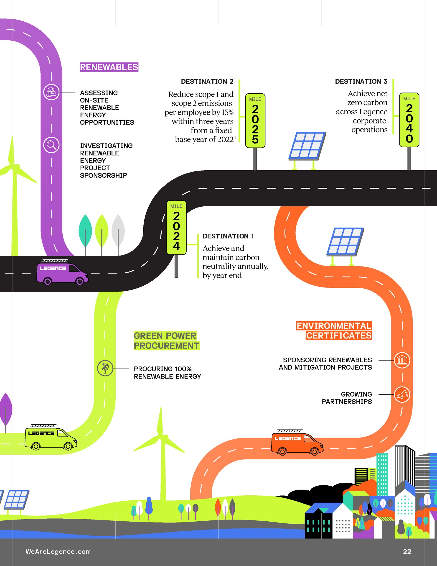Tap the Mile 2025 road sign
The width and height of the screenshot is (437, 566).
coord(255,121)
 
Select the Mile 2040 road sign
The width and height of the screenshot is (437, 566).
coord(409,120)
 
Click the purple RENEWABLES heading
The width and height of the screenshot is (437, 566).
coord(109,67)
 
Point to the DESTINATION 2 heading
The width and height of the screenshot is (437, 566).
coord(207,81)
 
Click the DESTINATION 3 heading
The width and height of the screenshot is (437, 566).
coord(361,81)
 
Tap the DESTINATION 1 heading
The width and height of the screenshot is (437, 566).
coord(228,236)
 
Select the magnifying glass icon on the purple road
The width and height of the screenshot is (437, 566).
coord(51,145)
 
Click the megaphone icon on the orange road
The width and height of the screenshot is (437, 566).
coord(402,394)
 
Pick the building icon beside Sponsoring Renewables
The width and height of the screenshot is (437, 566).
coord(402,360)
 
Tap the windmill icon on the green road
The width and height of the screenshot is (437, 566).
coord(105,368)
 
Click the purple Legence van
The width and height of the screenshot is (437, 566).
coord(62,273)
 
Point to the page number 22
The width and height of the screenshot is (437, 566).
coord(407,551)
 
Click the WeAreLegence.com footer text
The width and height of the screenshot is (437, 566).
coord(58,551)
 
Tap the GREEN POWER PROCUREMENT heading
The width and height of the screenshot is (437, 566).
coord(166,341)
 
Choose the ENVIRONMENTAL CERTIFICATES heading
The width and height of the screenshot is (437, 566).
coord(334,330)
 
